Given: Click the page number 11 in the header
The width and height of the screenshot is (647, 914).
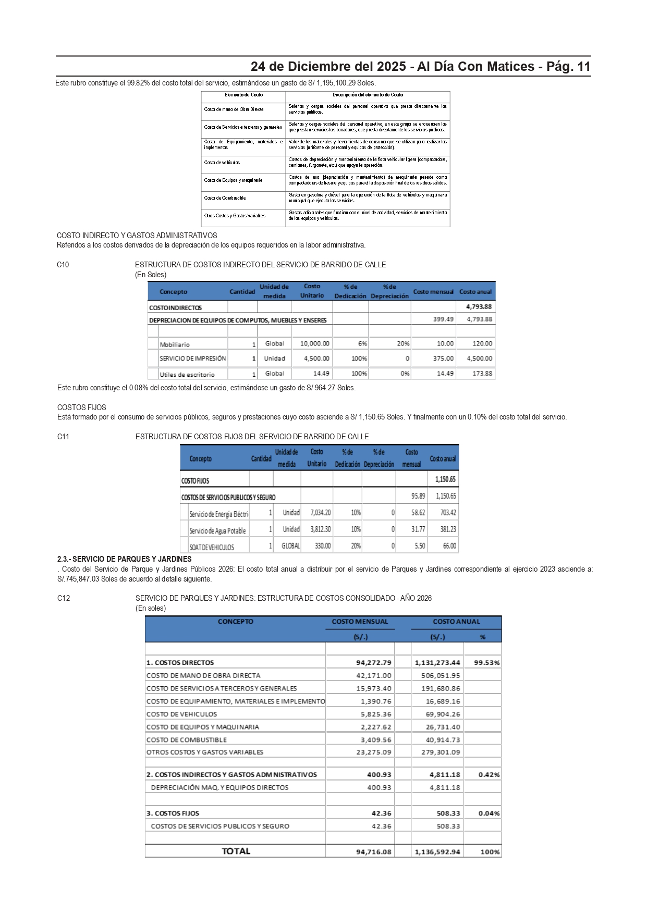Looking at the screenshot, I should click(583, 67).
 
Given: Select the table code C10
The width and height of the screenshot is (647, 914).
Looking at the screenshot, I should click(63, 265).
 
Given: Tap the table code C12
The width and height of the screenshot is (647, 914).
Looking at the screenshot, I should click(63, 598).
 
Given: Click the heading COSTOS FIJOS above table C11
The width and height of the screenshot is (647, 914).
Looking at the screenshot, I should click(81, 407).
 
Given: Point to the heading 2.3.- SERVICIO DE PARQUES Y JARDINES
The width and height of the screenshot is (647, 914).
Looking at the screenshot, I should click(124, 559).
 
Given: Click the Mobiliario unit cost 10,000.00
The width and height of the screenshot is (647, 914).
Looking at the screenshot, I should click(314, 344).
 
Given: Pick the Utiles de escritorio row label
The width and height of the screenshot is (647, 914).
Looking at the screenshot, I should click(187, 375).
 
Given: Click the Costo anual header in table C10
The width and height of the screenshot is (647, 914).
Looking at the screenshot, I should click(475, 292).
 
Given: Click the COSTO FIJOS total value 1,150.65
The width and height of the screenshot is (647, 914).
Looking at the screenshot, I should click(445, 479).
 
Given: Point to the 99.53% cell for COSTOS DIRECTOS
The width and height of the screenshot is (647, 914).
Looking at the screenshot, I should click(486, 663).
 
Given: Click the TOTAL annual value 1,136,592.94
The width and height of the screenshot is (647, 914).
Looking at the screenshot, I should click(437, 852).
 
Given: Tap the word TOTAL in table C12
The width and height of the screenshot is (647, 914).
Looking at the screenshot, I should click(236, 851).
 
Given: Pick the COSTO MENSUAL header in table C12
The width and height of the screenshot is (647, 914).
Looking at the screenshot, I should click(360, 622).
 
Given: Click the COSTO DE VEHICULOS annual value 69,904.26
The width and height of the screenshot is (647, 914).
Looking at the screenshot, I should click(441, 714).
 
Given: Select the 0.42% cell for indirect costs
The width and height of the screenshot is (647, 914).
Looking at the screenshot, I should click(489, 775).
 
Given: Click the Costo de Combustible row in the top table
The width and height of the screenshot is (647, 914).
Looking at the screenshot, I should click(225, 198).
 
